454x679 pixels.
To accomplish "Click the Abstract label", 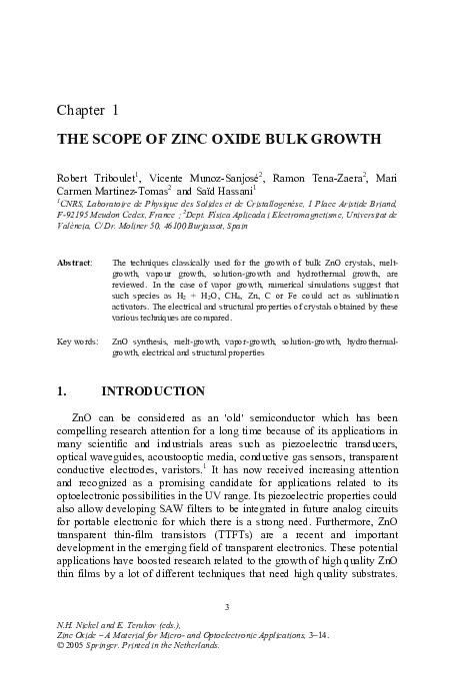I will click(x=75, y=260).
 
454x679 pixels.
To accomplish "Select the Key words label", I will click(x=77, y=341).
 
